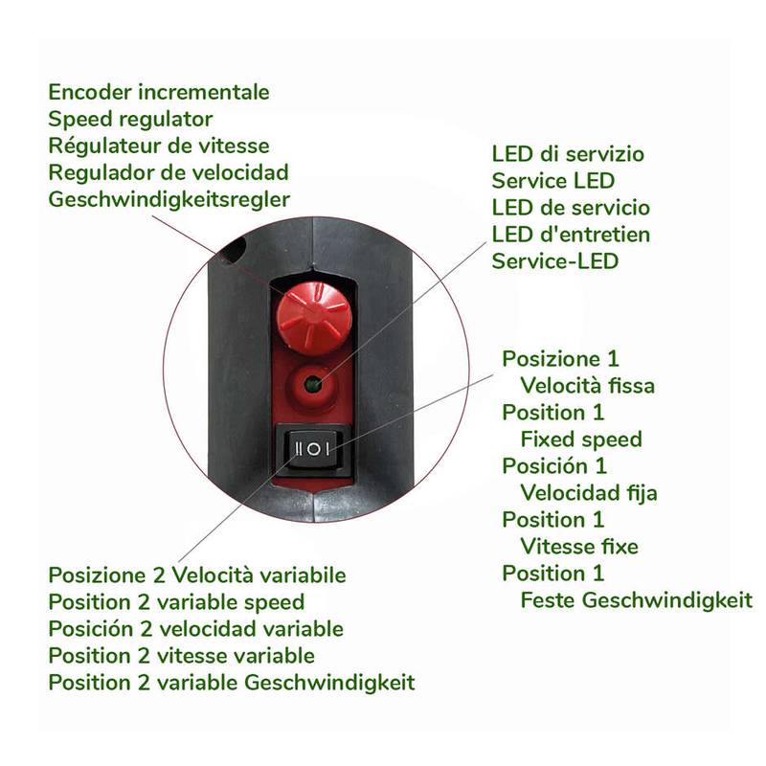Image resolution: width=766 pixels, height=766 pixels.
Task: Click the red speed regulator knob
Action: click(x=314, y=319)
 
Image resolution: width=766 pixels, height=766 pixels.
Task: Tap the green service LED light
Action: click(x=311, y=386)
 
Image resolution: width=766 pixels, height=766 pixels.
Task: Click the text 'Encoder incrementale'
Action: click(x=159, y=92)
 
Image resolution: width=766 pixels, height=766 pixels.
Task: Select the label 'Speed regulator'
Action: click(x=130, y=119)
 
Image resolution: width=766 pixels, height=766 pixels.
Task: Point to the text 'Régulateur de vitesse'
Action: click(x=159, y=146)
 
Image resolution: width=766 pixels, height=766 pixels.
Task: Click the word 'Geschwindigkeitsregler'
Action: click(x=169, y=199)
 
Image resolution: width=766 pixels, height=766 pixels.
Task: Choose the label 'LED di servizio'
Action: click(x=568, y=154)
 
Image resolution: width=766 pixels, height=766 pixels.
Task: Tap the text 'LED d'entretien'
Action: click(x=571, y=235)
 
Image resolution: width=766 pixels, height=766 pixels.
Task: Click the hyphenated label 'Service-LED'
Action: click(x=555, y=261)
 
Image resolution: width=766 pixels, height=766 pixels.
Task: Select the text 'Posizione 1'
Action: click(x=560, y=358)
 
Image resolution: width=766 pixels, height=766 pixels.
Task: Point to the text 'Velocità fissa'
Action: click(x=587, y=386)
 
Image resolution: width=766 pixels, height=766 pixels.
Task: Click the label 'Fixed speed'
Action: click(x=581, y=439)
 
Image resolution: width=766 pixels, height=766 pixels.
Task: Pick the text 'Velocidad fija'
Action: click(x=589, y=493)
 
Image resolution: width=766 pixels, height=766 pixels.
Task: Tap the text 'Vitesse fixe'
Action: click(x=579, y=546)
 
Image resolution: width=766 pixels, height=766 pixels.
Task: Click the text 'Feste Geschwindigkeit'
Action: click(x=636, y=600)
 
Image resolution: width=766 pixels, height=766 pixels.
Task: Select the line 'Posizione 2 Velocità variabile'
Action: click(x=197, y=575)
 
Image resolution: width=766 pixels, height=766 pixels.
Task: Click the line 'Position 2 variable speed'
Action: click(x=176, y=602)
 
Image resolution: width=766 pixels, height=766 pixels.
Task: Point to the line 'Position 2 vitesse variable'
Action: click(x=181, y=656)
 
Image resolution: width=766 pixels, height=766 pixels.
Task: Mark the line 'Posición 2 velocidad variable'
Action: click(x=196, y=629)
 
